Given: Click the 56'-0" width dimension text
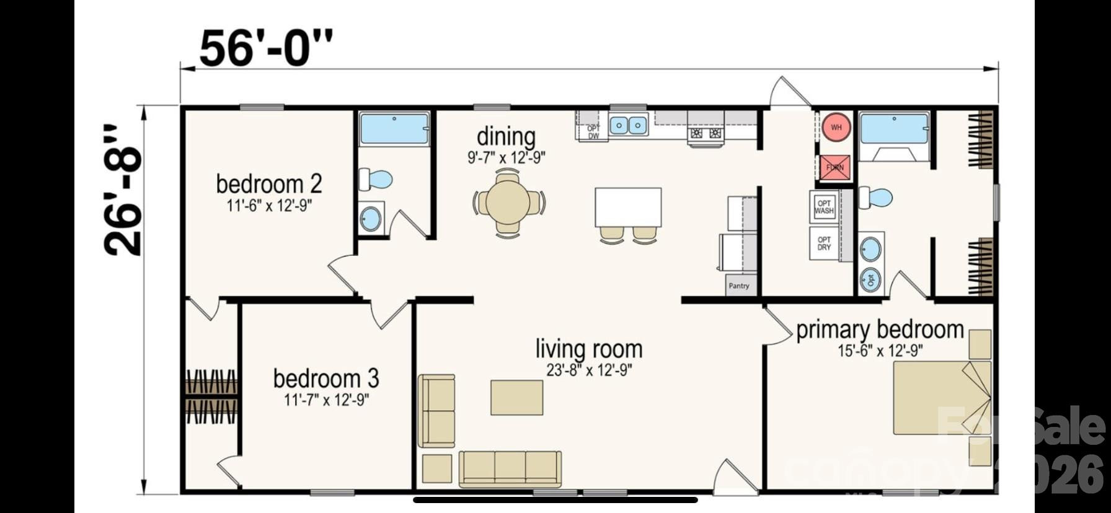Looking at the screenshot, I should coord(266,48).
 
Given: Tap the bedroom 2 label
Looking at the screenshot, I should coord(268,184).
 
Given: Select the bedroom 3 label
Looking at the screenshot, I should coord(326,378).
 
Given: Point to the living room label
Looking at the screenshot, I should coord(588,349).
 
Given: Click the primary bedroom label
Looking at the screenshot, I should coord(880,330).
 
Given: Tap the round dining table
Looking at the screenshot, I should coord(508,201).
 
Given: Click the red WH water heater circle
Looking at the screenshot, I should coord(836,128).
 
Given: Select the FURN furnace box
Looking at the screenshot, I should coord(834,167).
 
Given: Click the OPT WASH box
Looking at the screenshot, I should coord(824,207).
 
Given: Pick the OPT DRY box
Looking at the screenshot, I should coord(824,243).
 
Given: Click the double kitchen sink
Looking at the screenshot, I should coord(628,125).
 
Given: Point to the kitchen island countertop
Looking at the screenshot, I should coord(628,207).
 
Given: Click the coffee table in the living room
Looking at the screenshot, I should coord(516,398).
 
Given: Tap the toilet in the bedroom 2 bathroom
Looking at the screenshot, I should coord(376,180).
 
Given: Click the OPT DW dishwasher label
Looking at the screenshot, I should coord(593,132).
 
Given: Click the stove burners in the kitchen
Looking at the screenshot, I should coord(706,133).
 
